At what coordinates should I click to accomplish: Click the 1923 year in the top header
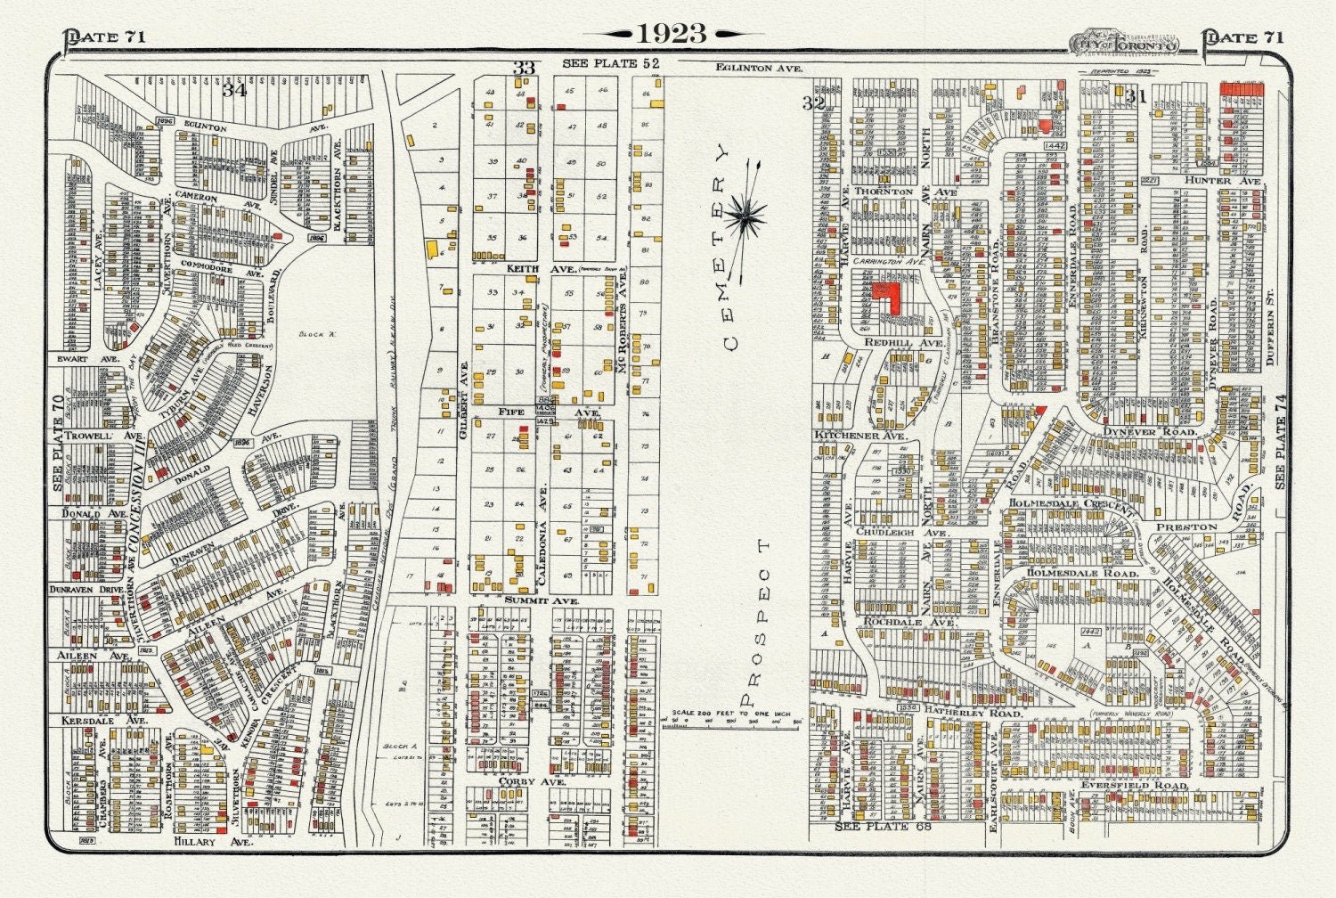tap(672, 33)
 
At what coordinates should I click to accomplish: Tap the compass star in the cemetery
tap(745, 216)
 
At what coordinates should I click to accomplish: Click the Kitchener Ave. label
tap(859, 436)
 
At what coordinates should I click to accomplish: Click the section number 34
tap(234, 90)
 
